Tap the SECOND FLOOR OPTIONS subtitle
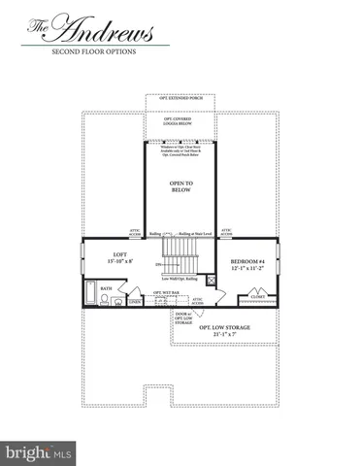pos(93,51)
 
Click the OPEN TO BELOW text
pos(180,187)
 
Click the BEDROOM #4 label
pos(246,262)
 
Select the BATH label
pos(106,287)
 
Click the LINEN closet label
pos(135,302)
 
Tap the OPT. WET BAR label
pos(163,292)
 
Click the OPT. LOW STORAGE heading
pos(225,328)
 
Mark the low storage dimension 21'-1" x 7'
pos(225,336)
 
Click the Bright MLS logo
pos(39,451)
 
